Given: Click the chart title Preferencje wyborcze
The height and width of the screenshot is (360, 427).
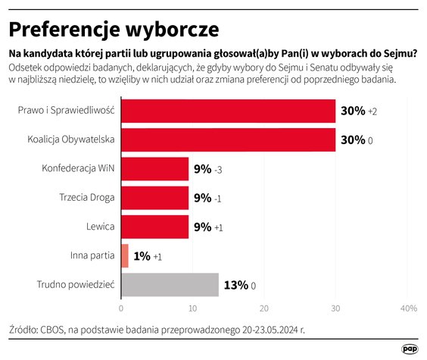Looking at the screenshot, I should (114, 29).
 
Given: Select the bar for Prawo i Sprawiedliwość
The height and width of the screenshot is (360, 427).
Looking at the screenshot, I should (228, 111).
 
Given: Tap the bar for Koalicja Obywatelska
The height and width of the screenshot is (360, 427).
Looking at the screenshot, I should (228, 139).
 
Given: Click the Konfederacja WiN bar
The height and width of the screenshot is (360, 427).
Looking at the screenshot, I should (154, 168).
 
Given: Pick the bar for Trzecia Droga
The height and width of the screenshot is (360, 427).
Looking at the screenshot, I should (154, 197).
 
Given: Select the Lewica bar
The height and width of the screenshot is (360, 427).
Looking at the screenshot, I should (154, 226).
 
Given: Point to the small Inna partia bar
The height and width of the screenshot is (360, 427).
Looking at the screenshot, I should (125, 255).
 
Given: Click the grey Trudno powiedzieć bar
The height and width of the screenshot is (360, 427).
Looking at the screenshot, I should (170, 284).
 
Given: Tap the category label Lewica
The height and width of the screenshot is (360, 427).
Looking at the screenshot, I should (99, 226).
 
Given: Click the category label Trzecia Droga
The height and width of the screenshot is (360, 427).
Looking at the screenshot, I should (87, 197).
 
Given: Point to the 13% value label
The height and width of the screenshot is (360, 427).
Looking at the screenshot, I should (235, 285).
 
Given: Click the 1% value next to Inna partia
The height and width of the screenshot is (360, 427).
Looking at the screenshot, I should (141, 256).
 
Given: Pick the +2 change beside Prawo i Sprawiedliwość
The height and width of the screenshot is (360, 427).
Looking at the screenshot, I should (372, 111).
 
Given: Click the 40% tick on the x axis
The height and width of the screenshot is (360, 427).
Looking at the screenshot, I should (408, 308).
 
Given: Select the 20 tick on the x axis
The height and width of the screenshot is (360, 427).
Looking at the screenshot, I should (264, 308).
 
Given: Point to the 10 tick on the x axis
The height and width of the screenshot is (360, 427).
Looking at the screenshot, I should (192, 308).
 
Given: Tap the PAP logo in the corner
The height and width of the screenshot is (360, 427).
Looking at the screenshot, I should (410, 348).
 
